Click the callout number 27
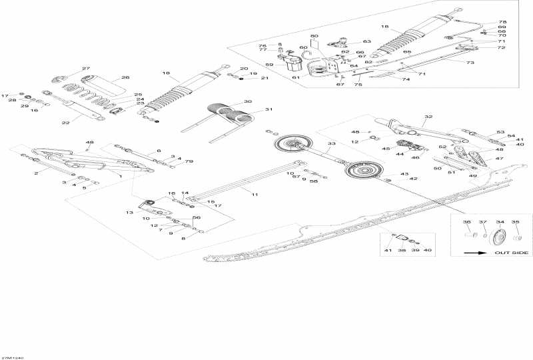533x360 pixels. (85, 69)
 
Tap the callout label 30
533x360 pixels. (247, 102)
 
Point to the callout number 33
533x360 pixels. (331, 143)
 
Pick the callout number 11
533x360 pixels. (254, 193)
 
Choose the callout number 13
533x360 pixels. (130, 212)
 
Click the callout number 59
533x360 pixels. (270, 65)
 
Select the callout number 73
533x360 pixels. (470, 63)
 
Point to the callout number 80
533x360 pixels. (314, 35)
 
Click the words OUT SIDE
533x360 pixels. (511, 253)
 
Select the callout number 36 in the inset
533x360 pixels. (466, 222)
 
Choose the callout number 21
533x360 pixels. (264, 79)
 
